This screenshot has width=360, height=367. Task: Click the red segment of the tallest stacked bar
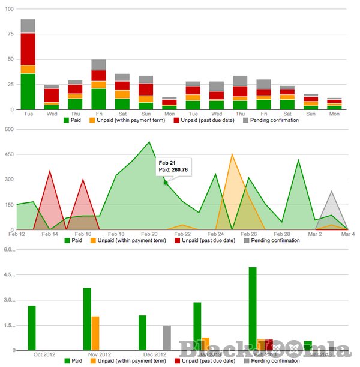coord(28,49)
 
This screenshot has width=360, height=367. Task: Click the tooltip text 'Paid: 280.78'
coord(174,170)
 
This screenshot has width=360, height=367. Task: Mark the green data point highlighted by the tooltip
coord(166,183)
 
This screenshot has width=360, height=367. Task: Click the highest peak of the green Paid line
coord(149,142)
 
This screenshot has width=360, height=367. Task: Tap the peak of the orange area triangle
coord(232,154)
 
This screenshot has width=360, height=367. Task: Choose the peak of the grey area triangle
coord(331,192)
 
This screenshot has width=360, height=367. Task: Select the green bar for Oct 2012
coord(32,327)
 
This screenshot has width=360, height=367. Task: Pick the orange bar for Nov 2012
coord(95,333)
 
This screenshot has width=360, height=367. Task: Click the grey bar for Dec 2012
coord(167,338)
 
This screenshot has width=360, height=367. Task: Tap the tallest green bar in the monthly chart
coord(253,308)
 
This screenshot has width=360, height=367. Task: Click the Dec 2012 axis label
coord(155,354)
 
